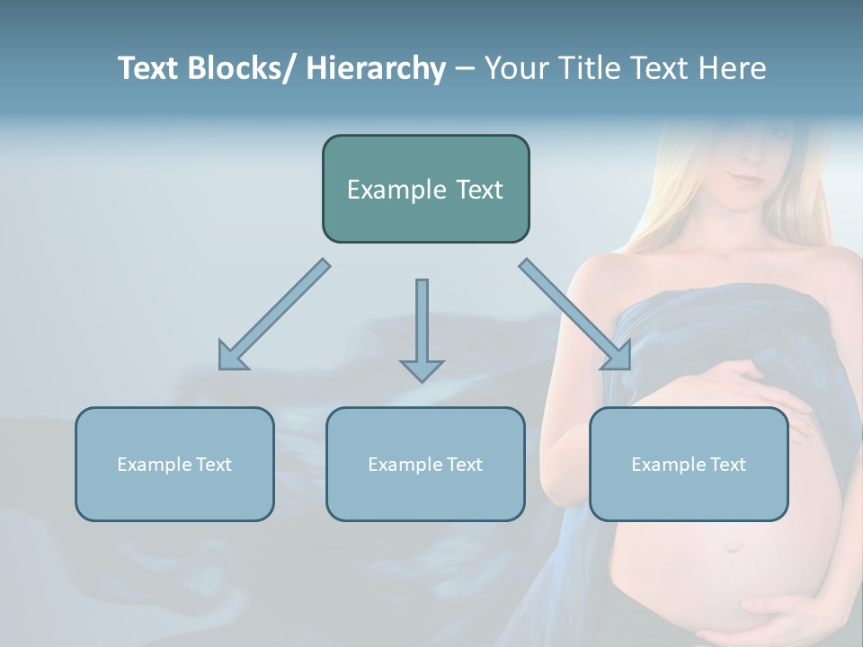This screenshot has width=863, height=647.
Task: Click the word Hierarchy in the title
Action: point(376,69)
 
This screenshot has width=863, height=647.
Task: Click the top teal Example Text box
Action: point(425,189)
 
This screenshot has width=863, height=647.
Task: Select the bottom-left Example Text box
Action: point(174,464)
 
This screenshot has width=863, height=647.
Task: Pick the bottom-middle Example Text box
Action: point(425,464)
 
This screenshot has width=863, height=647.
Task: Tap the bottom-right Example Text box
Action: point(689,464)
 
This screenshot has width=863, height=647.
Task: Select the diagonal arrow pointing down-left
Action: point(272,315)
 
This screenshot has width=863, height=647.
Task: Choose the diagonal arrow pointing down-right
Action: point(575,315)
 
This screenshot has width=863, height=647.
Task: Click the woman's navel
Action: point(733,546)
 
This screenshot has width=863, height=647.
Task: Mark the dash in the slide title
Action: point(464,69)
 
